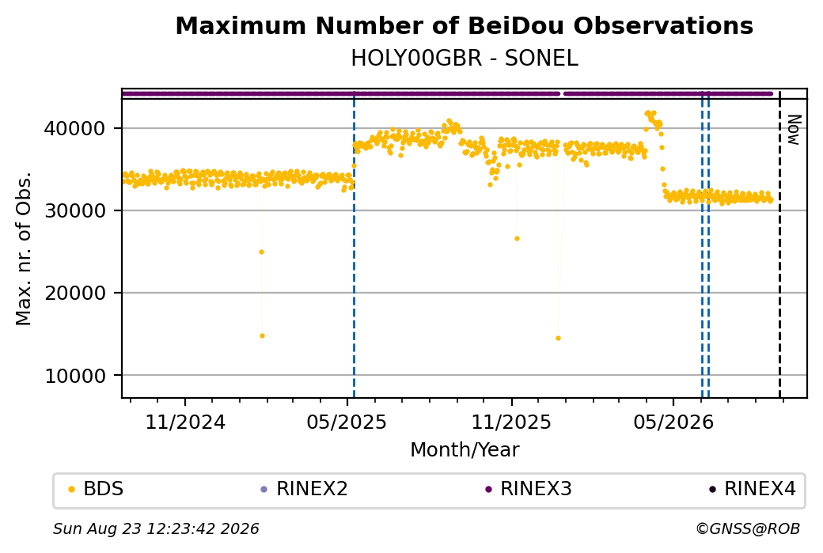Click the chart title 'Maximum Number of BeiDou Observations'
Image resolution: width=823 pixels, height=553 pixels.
point(464,25)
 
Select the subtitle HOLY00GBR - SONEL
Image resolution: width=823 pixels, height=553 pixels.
point(465,59)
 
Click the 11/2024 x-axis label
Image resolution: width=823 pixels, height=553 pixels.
point(184,422)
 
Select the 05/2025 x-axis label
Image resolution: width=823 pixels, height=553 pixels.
point(347,422)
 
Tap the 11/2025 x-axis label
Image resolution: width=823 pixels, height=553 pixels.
point(511,422)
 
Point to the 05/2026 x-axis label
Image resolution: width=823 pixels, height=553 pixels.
point(673,422)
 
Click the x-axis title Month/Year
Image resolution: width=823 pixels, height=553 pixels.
point(465,449)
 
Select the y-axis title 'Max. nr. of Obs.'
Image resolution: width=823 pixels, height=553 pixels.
point(24,248)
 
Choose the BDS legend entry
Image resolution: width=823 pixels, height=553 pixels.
point(96,489)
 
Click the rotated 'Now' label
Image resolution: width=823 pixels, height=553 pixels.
point(795,130)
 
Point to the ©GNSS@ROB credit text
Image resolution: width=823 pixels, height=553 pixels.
point(748,528)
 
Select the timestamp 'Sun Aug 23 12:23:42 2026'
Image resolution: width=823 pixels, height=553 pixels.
point(156,528)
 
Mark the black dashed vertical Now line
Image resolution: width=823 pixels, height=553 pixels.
point(779,244)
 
